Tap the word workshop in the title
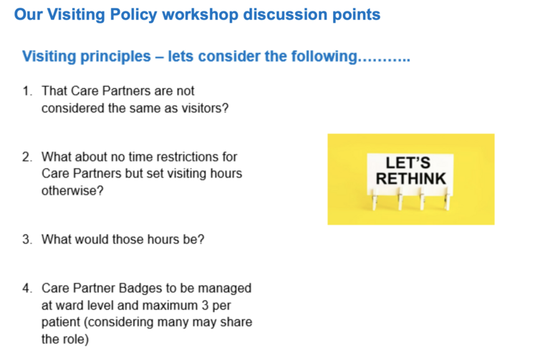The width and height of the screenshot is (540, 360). click(200, 15)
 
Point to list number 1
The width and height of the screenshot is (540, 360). click(27, 91)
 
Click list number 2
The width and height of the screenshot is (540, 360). click(27, 157)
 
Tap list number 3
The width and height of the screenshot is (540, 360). click(27, 240)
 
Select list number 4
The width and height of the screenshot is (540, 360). click(27, 288)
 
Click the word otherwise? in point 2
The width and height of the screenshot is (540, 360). click(72, 190)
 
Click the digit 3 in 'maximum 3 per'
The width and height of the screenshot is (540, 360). click(206, 306)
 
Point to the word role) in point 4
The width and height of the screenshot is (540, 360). click(77, 339)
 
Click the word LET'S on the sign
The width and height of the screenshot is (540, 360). click(408, 162)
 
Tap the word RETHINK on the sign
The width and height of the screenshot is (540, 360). click(411, 179)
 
